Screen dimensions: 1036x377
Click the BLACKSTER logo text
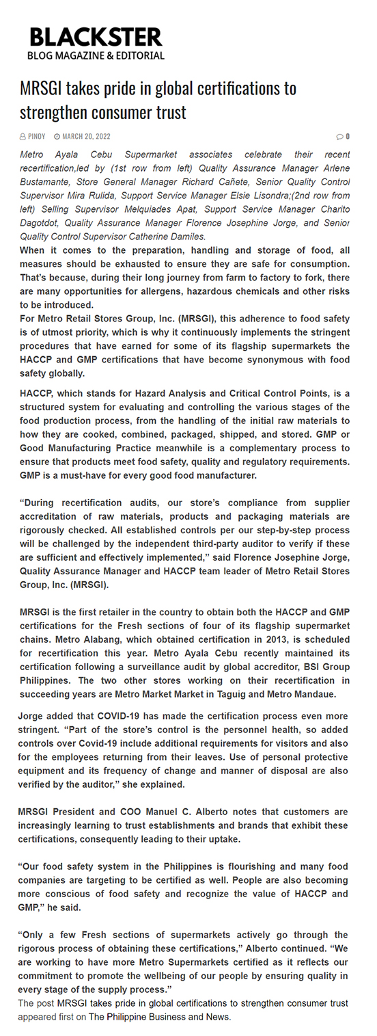[96, 36]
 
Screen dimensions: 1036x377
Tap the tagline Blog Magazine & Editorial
[96, 55]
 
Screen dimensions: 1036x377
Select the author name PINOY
[36, 137]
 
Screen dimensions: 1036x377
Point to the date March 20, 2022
[86, 137]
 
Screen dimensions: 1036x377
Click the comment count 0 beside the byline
[347, 137]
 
